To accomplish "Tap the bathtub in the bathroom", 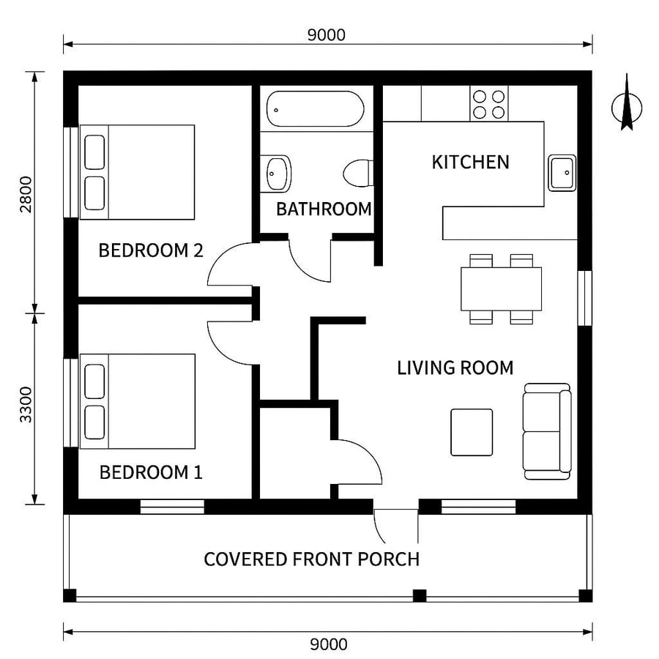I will coord(315,108).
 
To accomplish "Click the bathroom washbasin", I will coord(278,174).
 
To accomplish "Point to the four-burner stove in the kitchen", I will coord(489,104).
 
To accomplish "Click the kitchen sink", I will coord(562,173).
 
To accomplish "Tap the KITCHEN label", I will coord(470,162).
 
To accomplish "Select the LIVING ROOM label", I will coord(455,368).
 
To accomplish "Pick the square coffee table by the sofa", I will coord(471,432).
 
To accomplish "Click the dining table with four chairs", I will coord(501,288).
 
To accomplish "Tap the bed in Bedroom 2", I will coord(137,172).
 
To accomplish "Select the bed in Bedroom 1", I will coord(137,401).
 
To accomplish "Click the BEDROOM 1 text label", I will coord(150,472).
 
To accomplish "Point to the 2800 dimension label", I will coord(26,194).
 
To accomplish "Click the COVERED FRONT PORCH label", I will coord(311,559).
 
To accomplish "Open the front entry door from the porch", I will coord(395,521).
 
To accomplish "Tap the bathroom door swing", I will coord(310,260).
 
